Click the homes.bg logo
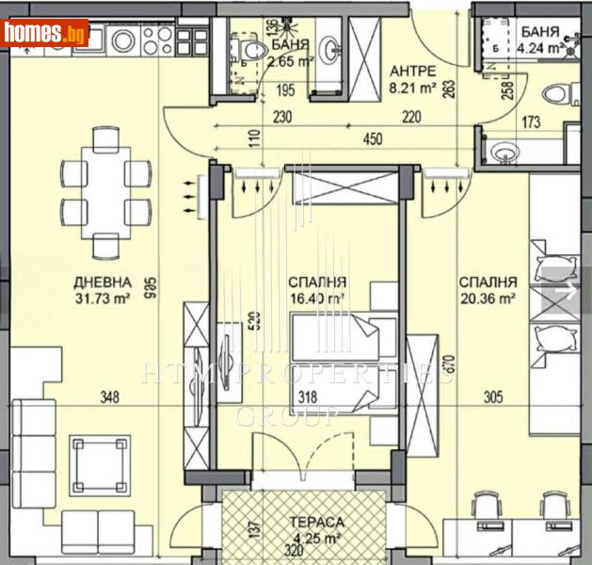(45, 34)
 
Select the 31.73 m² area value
(103, 299)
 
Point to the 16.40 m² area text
(315, 297)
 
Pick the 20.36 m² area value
(487, 299)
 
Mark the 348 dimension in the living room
(109, 398)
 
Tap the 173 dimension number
(531, 122)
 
